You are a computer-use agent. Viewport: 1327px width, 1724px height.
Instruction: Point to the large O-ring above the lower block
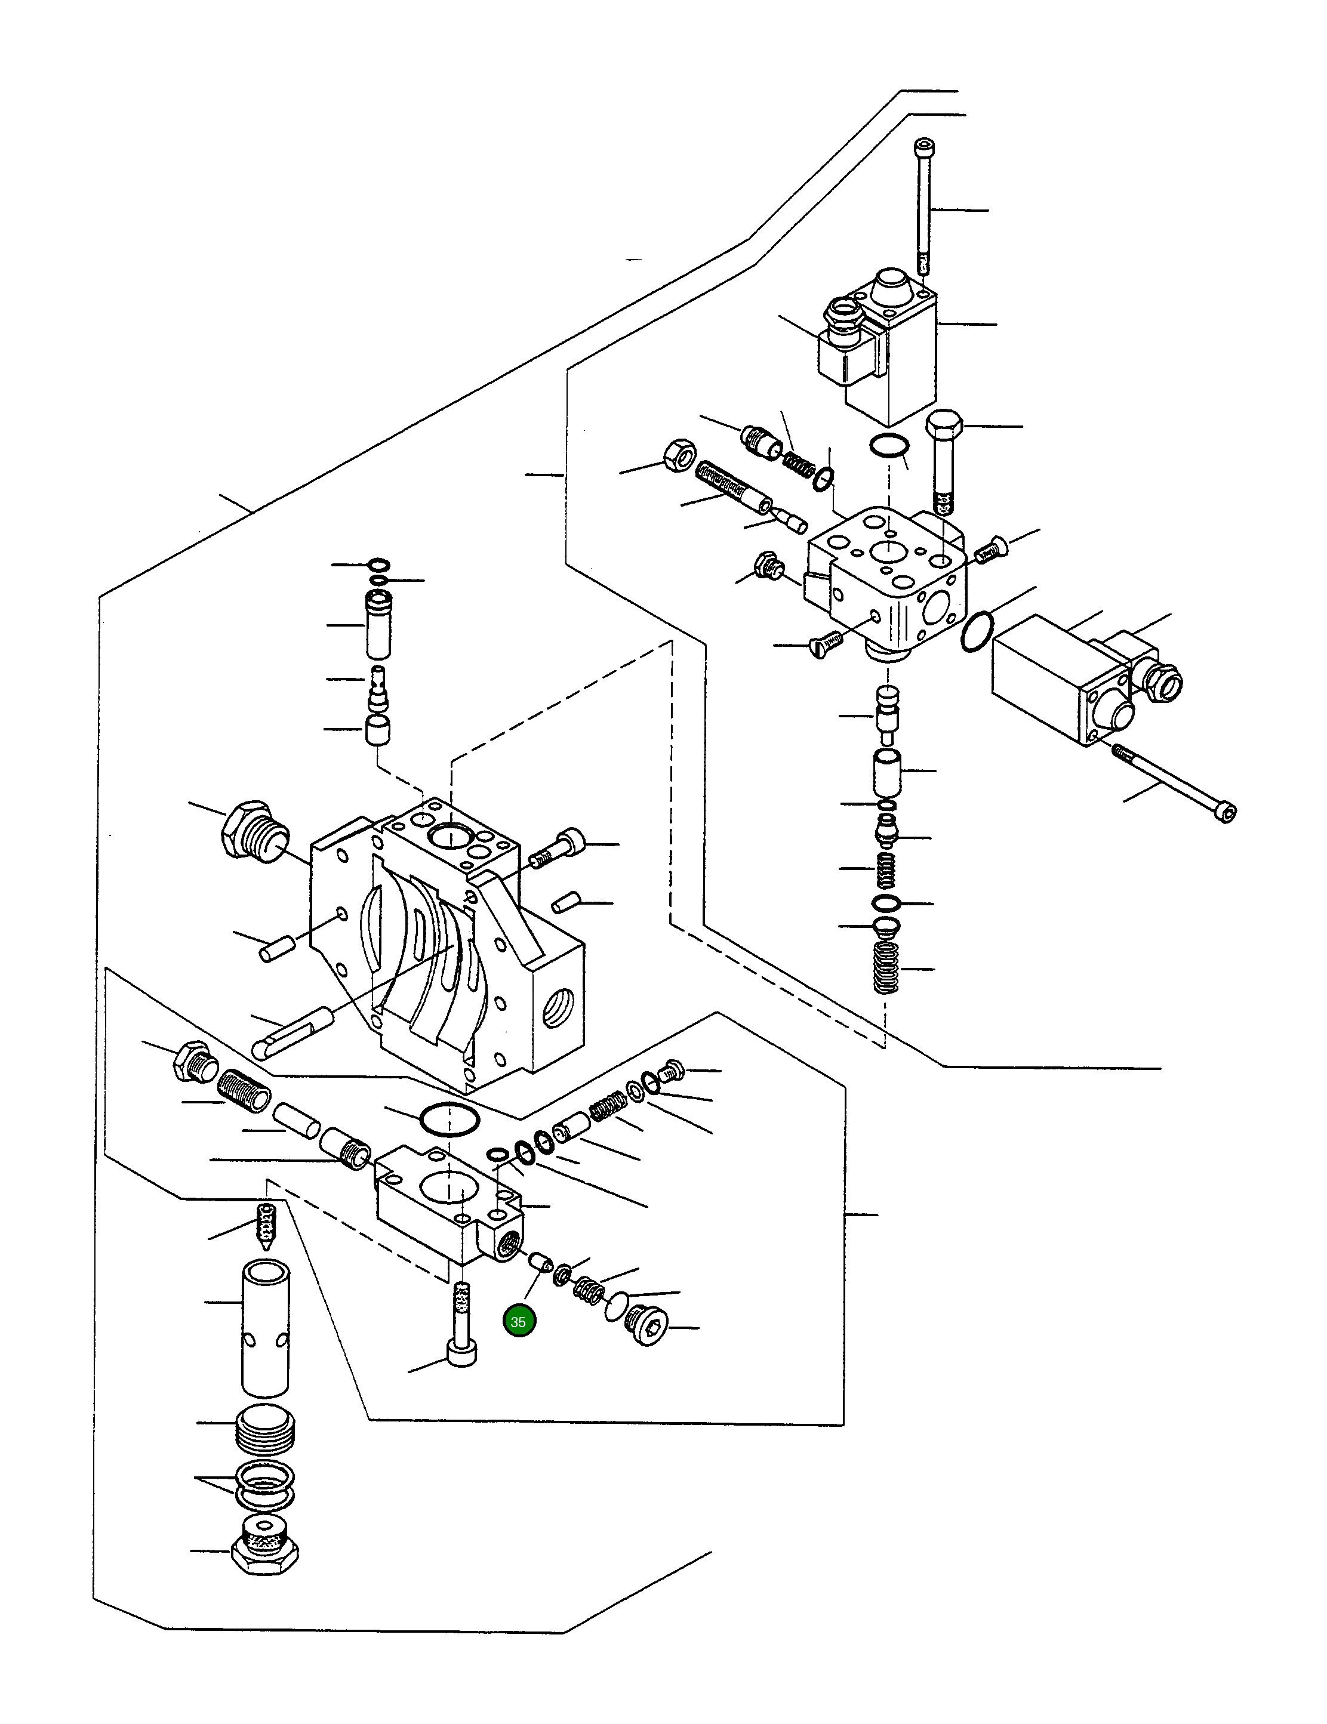[448, 1119]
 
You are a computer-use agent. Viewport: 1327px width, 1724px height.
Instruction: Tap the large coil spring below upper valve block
[886, 966]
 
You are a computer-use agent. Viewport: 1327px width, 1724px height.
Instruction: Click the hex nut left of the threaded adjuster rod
[680, 455]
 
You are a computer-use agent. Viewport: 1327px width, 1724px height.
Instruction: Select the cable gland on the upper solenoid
[843, 318]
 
